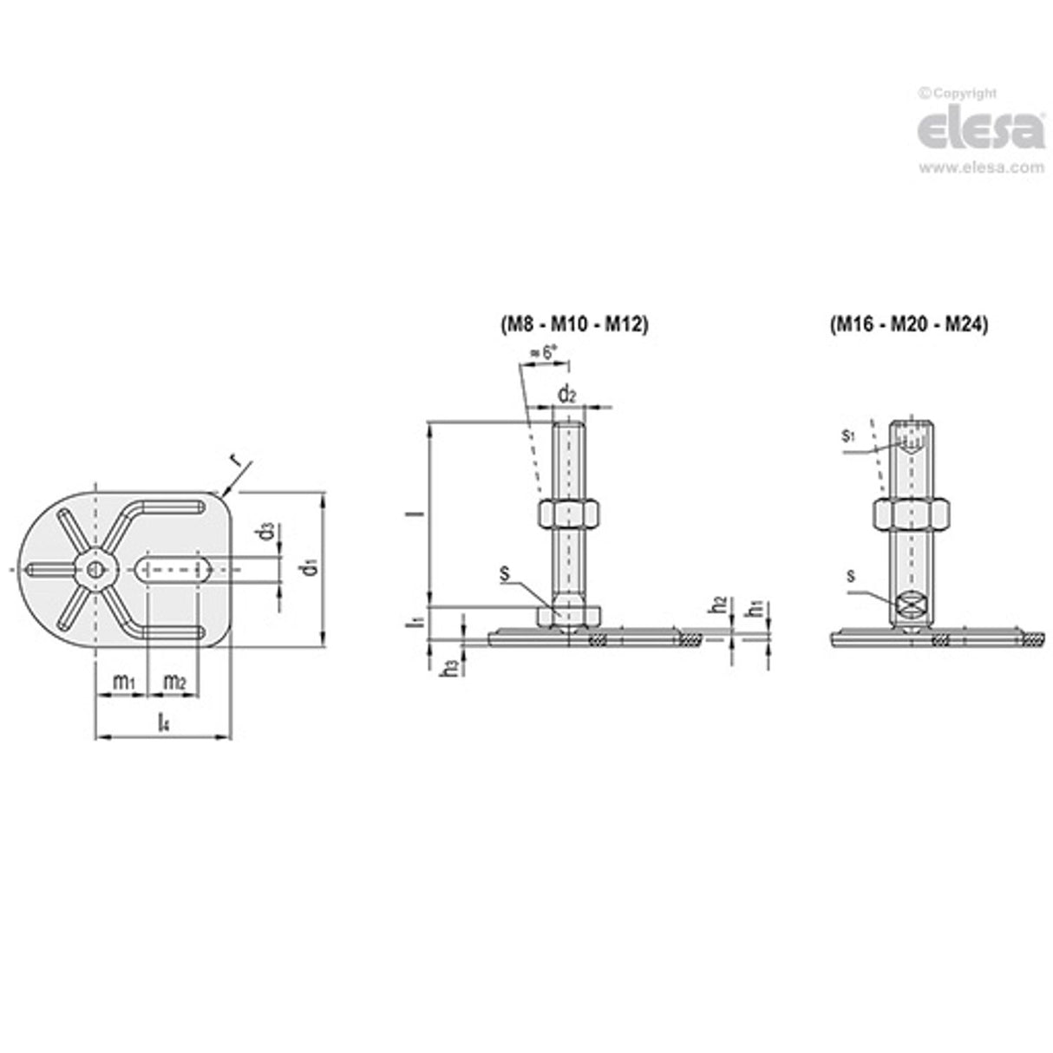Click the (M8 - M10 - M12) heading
[573, 324]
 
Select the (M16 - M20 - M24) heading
[909, 324]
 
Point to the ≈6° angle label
[543, 353]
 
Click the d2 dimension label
[566, 395]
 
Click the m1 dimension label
[125, 683]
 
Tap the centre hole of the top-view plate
[97, 569]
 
